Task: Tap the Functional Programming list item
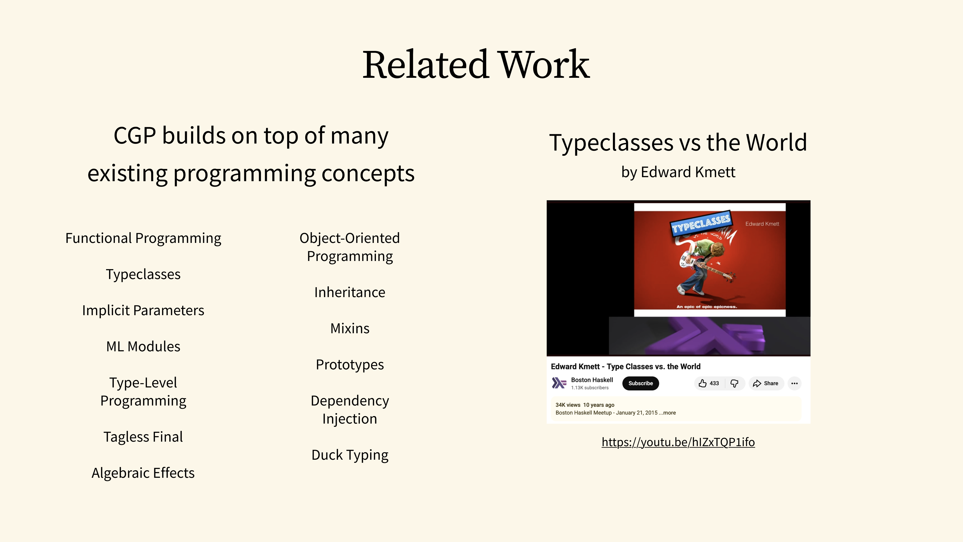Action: click(143, 238)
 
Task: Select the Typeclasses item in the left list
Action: click(143, 275)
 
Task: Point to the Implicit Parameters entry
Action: click(143, 310)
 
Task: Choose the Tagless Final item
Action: click(143, 437)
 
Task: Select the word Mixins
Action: click(350, 328)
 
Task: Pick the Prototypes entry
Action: click(350, 365)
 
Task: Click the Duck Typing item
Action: click(350, 455)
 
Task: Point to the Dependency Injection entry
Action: click(350, 410)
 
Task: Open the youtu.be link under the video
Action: click(678, 442)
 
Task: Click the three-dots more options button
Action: click(794, 383)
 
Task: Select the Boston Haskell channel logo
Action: click(559, 383)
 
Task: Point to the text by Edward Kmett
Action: click(678, 172)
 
